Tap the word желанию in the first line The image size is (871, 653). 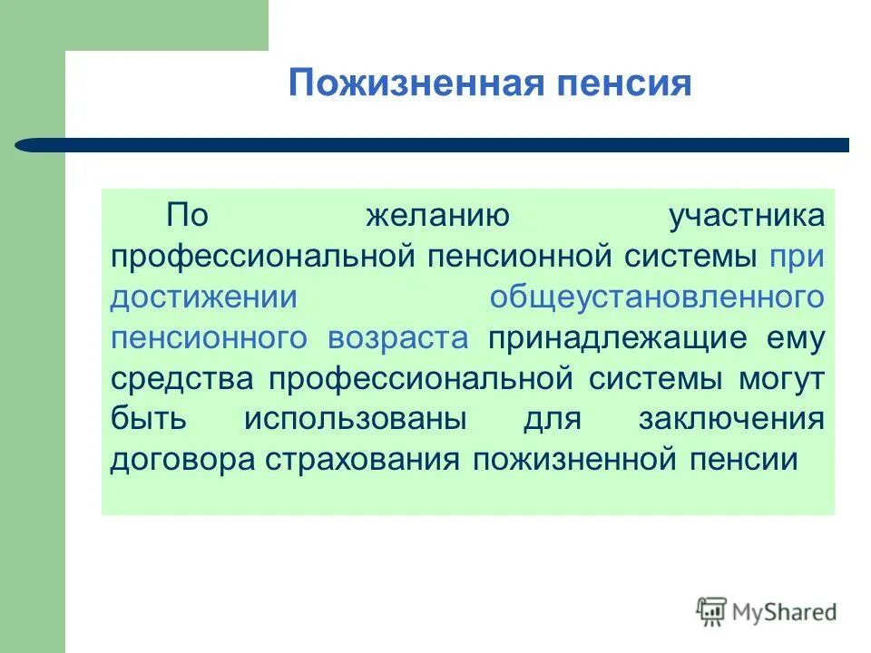tap(436, 217)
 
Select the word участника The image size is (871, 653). tap(746, 217)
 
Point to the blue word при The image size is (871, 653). tap(797, 257)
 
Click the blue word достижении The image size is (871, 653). tap(204, 297)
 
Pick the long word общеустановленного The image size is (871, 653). tap(657, 297)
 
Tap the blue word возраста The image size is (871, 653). tap(398, 338)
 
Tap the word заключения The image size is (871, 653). tap(731, 419)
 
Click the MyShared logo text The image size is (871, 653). tap(786, 611)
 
